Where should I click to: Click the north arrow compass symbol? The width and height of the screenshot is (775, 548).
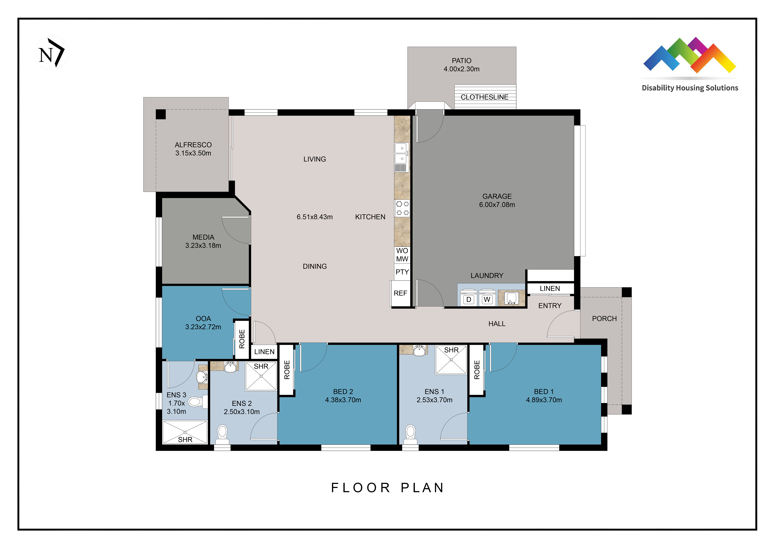click(x=52, y=53)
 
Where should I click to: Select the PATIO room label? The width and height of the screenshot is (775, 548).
click(x=461, y=61)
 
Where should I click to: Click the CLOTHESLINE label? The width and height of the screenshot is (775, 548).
click(x=484, y=97)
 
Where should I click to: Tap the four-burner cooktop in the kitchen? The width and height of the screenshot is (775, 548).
click(x=402, y=208)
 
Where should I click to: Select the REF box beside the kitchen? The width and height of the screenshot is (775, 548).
click(x=400, y=293)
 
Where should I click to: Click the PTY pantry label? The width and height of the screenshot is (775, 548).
click(x=402, y=272)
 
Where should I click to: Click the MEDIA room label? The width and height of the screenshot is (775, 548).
click(x=203, y=237)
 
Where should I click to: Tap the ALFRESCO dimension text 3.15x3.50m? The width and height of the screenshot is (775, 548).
click(x=193, y=153)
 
